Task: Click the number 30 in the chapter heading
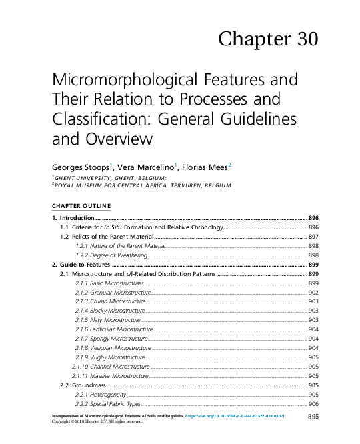pyautogui.click(x=303, y=39)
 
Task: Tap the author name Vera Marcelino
pyautogui.click(x=148, y=167)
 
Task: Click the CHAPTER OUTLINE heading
pyautogui.click(x=81, y=204)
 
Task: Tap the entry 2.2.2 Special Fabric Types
pyautogui.click(x=107, y=404)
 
